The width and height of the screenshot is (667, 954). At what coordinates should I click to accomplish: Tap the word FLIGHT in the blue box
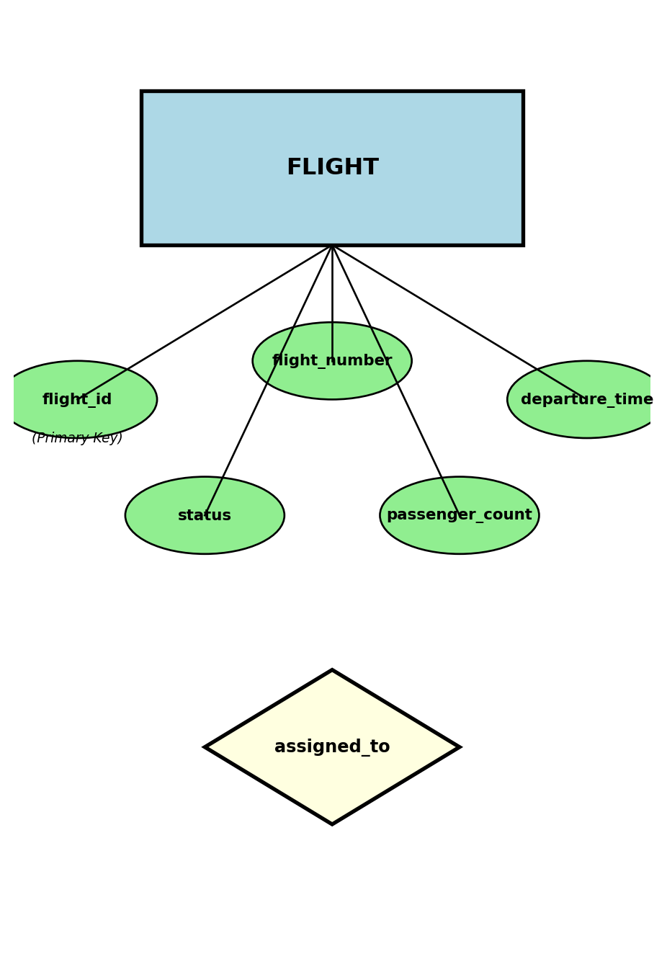pyautogui.click(x=332, y=168)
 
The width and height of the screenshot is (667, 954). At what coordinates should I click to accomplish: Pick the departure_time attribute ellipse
pyautogui.click(x=587, y=422)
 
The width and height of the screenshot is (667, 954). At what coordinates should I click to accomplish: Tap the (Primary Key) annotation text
pyautogui.click(x=77, y=438)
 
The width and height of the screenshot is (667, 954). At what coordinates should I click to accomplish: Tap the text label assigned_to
pyautogui.click(x=332, y=747)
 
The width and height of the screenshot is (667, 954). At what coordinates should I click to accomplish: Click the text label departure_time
pyautogui.click(x=587, y=400)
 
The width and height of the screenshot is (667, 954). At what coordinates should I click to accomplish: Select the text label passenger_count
pyautogui.click(x=460, y=515)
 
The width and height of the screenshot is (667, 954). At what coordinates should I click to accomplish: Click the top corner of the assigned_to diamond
pyautogui.click(x=332, y=672)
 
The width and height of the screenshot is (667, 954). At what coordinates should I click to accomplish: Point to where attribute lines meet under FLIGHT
pyautogui.click(x=332, y=246)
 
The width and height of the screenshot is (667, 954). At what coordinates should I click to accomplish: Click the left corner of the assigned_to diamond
pyautogui.click(x=207, y=747)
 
